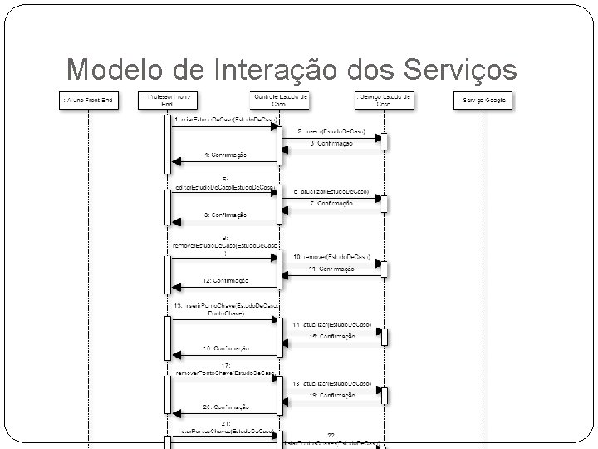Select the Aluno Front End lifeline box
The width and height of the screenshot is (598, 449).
88,101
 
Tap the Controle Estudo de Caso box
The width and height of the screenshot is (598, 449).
280,100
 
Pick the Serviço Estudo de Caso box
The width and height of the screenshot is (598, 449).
383,100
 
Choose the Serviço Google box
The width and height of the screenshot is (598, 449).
483,101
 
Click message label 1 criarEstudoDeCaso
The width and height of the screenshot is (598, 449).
223,120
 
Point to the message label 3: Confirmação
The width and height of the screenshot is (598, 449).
331,143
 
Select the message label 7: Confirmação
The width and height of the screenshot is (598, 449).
331,203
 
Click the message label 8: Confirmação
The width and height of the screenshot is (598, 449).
224,215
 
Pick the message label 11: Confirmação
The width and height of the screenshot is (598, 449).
331,269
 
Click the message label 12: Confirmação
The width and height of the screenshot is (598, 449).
224,280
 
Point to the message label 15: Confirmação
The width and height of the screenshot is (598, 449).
331,336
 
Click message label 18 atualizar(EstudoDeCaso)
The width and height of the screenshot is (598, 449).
331,383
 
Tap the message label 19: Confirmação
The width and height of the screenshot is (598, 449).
331,396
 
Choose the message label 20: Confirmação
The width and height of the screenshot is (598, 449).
224,407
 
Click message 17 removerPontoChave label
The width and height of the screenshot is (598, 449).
224,371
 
